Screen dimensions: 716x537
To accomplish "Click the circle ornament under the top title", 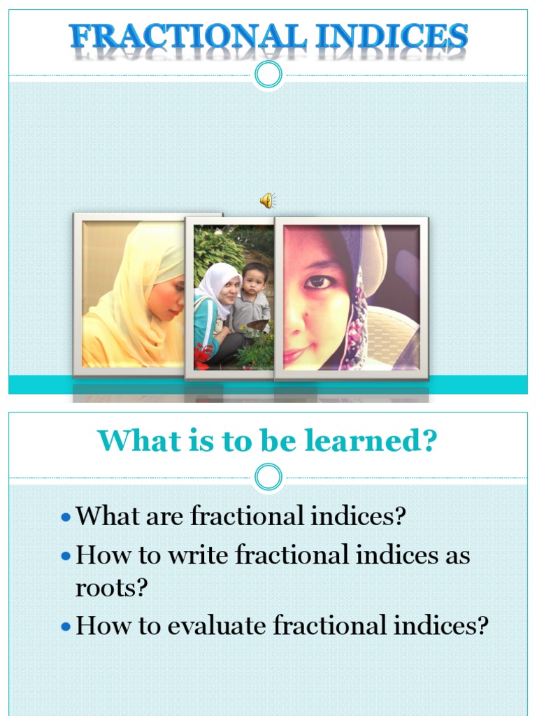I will pos(268,75).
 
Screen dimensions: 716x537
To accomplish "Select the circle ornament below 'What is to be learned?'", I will pos(268,478).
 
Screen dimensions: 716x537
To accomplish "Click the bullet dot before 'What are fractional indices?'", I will pos(66,518).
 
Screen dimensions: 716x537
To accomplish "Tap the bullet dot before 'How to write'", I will pos(66,557).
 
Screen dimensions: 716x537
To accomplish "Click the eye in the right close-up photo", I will pos(318,281).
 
